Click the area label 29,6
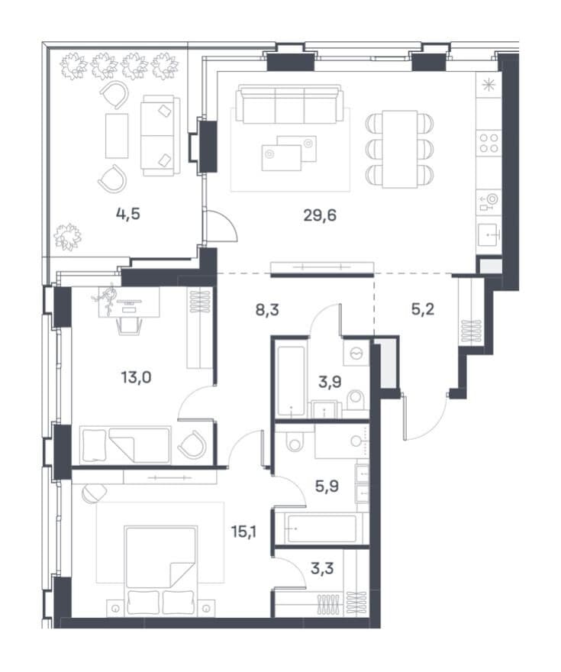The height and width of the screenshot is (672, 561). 320,215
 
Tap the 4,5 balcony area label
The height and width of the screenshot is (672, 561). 128,213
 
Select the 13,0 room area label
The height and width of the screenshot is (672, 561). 136,377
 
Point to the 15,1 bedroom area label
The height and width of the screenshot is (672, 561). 244,531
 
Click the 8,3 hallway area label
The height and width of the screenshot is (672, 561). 267,309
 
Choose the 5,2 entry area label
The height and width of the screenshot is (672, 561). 423,309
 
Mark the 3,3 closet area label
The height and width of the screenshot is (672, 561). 322,569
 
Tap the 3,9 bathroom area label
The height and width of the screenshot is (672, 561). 330,381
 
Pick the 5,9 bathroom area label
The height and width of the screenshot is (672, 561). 327,486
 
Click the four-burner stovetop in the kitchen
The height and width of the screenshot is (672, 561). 488,143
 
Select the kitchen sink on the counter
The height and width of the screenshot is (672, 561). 488,235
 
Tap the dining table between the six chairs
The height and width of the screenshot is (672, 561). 399,149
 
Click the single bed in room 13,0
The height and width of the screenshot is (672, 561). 125,444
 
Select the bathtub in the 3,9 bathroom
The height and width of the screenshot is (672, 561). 291,381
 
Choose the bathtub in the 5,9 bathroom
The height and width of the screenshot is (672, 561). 322,528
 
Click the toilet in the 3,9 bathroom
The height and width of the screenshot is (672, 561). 355,402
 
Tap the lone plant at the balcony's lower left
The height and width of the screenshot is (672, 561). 67,236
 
